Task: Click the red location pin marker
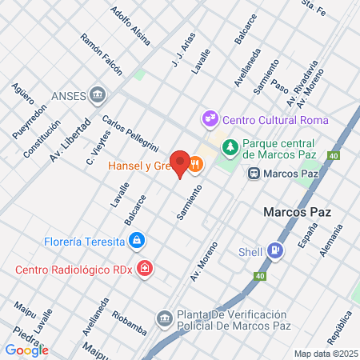tap(181, 163)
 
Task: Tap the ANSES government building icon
tap(98, 94)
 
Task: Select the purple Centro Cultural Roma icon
tap(210, 119)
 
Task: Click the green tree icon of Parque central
tap(230, 147)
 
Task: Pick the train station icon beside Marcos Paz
tap(254, 172)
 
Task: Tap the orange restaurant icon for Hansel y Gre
tap(195, 165)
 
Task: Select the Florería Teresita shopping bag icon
tap(138, 240)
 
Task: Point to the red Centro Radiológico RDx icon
tap(144, 268)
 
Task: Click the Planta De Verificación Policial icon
tap(164, 319)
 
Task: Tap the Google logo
tap(26, 350)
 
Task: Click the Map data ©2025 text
tap(325, 353)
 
